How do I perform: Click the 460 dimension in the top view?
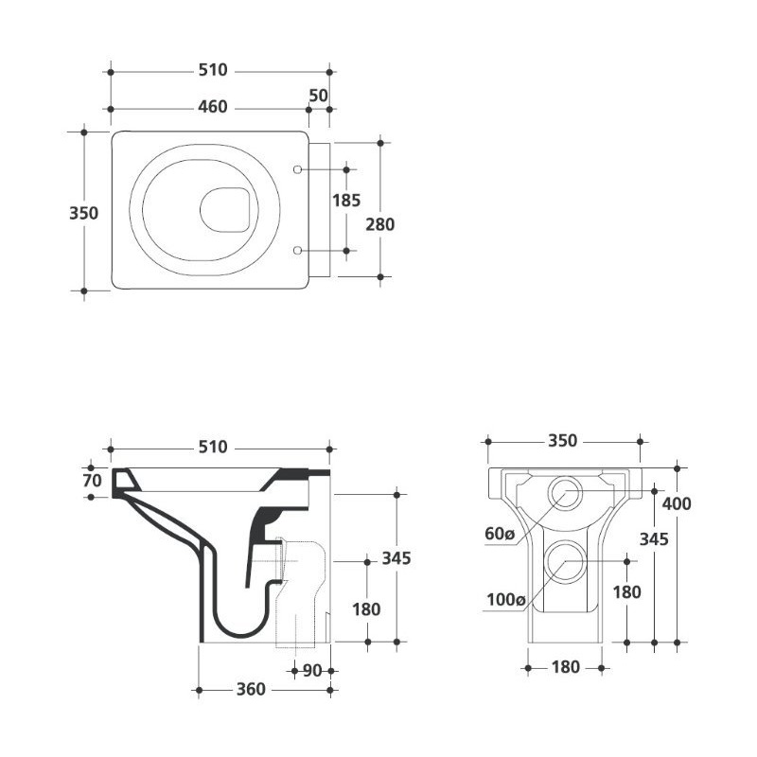[x=212, y=107]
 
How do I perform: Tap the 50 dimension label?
[x=318, y=96]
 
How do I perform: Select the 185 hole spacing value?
[x=346, y=201]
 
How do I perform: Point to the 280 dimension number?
[x=380, y=224]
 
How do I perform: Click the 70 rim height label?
[x=92, y=481]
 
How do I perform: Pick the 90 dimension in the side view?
[x=312, y=671]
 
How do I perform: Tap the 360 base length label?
[x=251, y=690]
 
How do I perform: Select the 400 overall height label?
[x=677, y=504]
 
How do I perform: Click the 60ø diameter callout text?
[x=501, y=534]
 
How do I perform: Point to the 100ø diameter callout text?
[x=505, y=600]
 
